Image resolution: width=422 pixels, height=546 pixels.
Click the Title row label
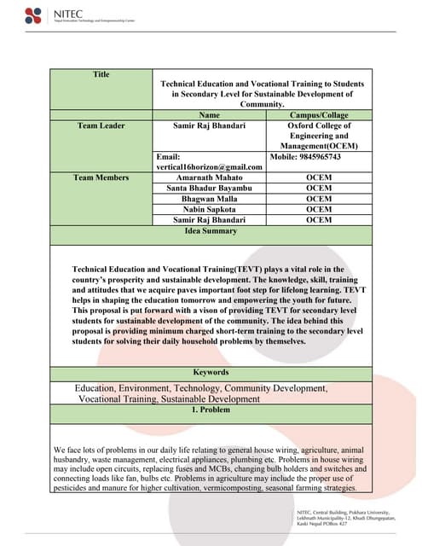point(101,75)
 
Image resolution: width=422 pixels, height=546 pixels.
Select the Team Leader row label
point(101,125)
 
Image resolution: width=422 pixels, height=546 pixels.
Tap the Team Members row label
point(101,177)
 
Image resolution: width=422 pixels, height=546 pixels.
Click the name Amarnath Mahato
point(209,177)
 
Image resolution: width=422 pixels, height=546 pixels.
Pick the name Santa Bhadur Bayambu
point(209,188)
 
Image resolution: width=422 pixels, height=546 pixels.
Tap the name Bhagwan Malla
point(209,198)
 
